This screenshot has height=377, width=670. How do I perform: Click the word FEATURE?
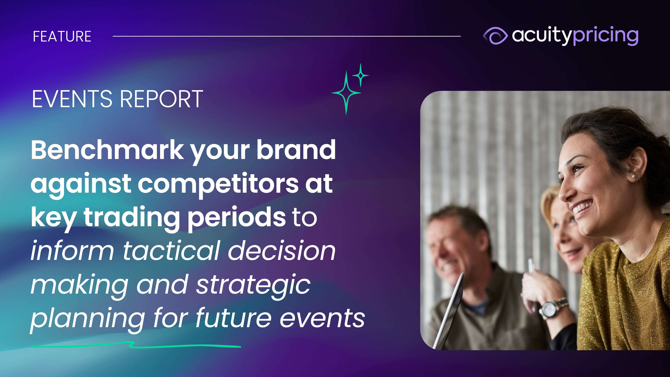[x=62, y=36]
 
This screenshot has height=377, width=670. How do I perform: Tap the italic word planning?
[x=88, y=319]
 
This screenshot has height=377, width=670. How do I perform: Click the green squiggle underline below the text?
[x=135, y=345]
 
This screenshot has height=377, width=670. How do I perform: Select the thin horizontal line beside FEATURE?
[x=287, y=36]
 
